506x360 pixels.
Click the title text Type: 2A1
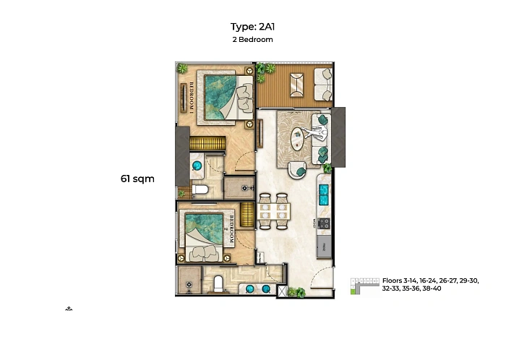pyautogui.click(x=252, y=27)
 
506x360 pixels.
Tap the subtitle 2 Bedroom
pyautogui.click(x=253, y=40)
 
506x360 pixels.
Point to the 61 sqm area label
pyautogui.click(x=137, y=179)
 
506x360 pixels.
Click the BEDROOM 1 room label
pyautogui.click(x=192, y=98)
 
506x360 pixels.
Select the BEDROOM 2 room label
pyautogui.click(x=231, y=229)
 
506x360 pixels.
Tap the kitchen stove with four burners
pyautogui.click(x=324, y=223)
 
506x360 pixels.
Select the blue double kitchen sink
pyautogui.click(x=324, y=194)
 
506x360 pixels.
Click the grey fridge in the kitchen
pyautogui.click(x=324, y=247)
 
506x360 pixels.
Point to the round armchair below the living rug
pyautogui.click(x=297, y=170)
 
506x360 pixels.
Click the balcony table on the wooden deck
pyautogui.click(x=296, y=85)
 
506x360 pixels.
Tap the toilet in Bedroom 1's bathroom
pyautogui.click(x=200, y=189)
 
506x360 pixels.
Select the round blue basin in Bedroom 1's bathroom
pyautogui.click(x=197, y=166)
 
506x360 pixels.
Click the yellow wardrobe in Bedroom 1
pyautogui.click(x=207, y=143)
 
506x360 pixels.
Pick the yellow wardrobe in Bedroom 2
pyautogui.click(x=247, y=215)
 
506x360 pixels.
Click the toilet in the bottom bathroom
pyautogui.click(x=218, y=284)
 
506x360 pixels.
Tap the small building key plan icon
pyautogui.click(x=364, y=286)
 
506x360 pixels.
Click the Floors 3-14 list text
pyautogui.click(x=431, y=285)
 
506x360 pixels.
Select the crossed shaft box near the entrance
pyautogui.click(x=282, y=291)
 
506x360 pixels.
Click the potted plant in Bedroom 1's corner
pyautogui.click(x=182, y=68)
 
